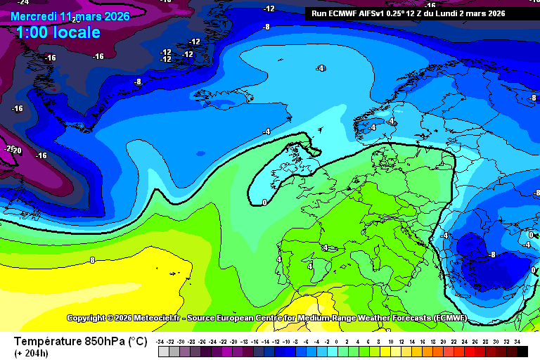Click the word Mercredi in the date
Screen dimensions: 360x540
pos(34,16)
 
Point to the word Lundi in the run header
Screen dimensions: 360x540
pos(457,13)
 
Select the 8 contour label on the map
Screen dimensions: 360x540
pos(92,260)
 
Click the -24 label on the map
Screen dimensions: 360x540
pos(22,3)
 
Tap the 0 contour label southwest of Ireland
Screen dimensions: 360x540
pos(264,202)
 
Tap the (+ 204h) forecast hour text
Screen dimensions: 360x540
pos(32,353)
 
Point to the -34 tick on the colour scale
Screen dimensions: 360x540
pos(162,341)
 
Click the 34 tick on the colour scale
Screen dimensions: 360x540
pos(517,341)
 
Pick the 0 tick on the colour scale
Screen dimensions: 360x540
pos(337,341)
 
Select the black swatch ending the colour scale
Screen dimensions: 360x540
pos(522,351)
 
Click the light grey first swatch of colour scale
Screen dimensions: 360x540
pos(163,351)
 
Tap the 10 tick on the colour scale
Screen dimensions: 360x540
pos(390,341)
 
